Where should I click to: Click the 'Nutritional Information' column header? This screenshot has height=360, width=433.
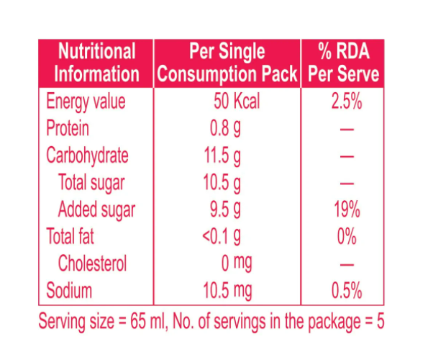(97, 63)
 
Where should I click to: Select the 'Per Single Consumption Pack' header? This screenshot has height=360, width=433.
(227, 63)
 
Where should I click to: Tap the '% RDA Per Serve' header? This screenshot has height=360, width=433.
(344, 63)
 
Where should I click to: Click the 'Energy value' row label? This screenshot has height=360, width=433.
(86, 102)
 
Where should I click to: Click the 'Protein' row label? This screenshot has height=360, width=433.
(68, 129)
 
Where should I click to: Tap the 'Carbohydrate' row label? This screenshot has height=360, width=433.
(88, 156)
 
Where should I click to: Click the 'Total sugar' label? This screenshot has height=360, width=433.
(91, 182)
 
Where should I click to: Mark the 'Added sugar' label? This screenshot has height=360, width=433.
(96, 210)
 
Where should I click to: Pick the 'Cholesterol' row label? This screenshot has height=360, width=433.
(92, 264)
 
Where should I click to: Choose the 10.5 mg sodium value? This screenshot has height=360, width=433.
(231, 291)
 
